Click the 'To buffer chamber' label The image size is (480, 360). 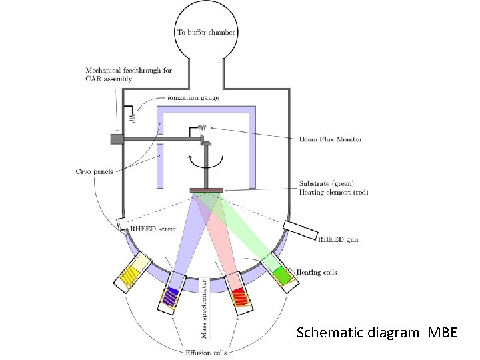pos(206,32)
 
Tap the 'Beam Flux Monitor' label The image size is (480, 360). pos(330,139)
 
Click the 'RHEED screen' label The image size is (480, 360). pos(155,229)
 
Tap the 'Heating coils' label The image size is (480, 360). pos(319,272)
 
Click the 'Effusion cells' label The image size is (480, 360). pos(205,352)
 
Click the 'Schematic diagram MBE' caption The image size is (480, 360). pos(377,331)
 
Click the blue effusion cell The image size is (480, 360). pos(171,295)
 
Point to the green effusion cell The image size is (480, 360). pos(281,274)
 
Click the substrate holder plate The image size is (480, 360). pos(207,191)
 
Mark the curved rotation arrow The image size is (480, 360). pos(207,161)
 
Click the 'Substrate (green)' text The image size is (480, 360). pos(327,184)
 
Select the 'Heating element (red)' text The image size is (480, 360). pos(334,192)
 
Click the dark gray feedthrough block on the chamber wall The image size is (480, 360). pos(116,139)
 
